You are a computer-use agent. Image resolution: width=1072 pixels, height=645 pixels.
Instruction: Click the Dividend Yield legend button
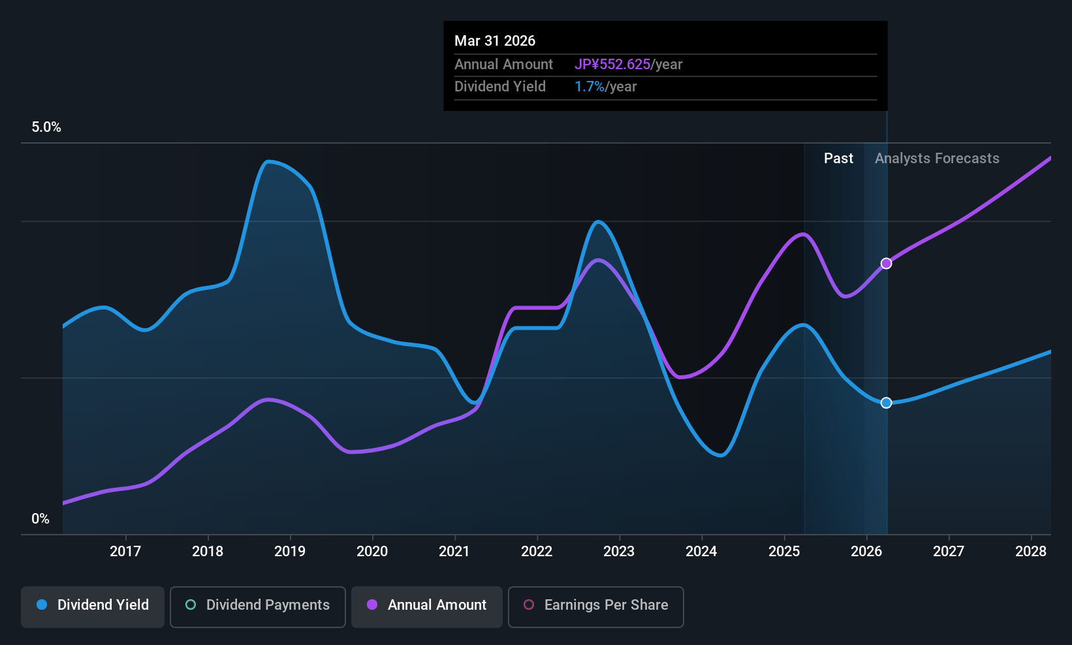(x=92, y=606)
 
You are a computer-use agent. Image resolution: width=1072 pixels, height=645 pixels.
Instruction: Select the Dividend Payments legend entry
(x=257, y=606)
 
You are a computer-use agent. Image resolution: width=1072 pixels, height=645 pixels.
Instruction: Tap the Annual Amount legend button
(x=427, y=606)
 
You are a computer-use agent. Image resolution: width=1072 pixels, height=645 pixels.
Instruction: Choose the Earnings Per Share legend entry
(x=596, y=606)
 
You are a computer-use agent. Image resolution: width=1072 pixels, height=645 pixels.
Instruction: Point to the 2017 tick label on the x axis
(x=125, y=551)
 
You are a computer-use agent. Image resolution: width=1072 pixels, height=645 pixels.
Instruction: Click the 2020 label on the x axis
(x=372, y=551)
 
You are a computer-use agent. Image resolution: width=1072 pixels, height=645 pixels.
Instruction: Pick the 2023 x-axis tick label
(x=620, y=551)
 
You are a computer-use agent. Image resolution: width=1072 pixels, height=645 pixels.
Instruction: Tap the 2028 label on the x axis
(x=1031, y=551)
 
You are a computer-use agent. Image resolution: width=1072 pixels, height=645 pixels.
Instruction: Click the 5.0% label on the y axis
(x=46, y=127)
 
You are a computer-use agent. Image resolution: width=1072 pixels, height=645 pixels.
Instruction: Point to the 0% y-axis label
(x=40, y=519)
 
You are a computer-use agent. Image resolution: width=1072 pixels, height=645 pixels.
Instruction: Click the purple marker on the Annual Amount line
(x=887, y=264)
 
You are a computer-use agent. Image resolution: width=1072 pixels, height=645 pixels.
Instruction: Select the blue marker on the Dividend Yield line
(x=887, y=403)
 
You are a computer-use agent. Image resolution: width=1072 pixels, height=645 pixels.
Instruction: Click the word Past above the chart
(x=838, y=159)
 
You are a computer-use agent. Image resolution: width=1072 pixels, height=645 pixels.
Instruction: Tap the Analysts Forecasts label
(x=937, y=159)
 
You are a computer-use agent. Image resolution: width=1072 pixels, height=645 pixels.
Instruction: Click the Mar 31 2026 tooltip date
(x=495, y=41)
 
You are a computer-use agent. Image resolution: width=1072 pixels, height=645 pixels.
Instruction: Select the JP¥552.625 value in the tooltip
(x=612, y=64)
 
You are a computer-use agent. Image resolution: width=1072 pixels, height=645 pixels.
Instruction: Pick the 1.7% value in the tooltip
(x=589, y=87)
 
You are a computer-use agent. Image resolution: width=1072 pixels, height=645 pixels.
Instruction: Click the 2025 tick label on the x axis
(x=784, y=551)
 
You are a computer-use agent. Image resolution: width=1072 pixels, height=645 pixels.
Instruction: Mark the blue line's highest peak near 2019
(x=268, y=162)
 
